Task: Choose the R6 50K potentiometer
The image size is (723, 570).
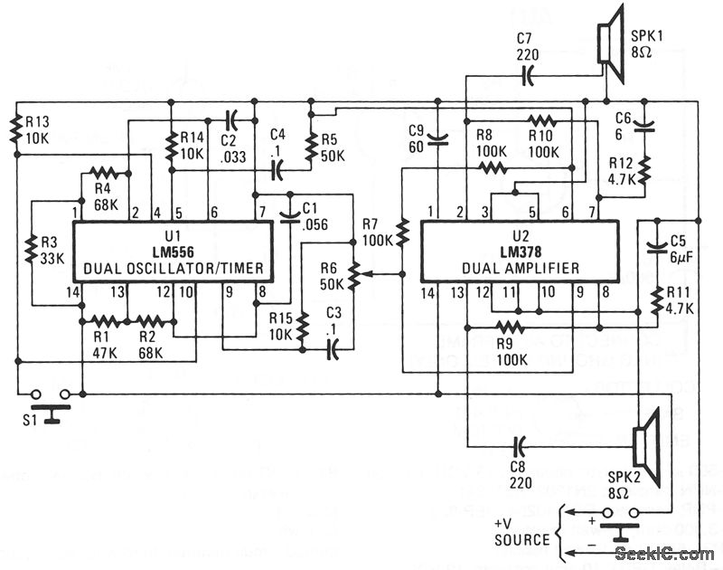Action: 353,273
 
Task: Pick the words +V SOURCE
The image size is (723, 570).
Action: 521,531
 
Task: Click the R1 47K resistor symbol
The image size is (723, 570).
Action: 105,319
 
